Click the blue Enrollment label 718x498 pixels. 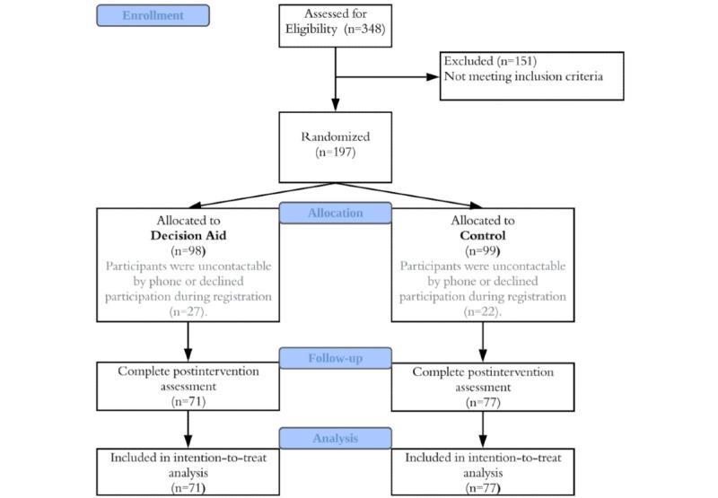click(x=153, y=15)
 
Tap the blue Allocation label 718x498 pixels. click(x=335, y=213)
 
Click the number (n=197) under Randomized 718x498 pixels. click(x=336, y=153)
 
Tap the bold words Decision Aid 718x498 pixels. click(x=188, y=236)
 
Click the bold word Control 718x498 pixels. click(x=484, y=236)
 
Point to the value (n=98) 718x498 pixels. click(x=188, y=251)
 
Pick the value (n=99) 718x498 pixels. click(x=484, y=251)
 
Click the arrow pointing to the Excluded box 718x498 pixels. click(x=395, y=77)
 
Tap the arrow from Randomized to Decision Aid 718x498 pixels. click(x=260, y=193)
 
